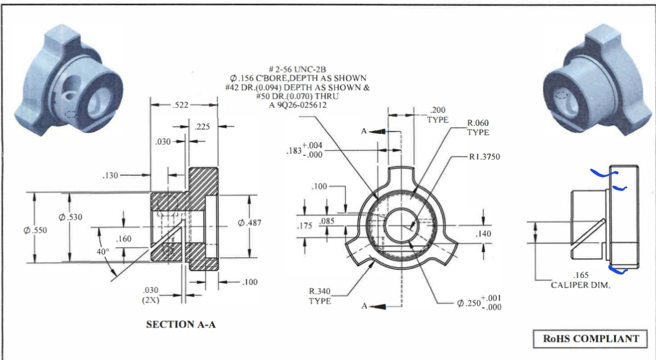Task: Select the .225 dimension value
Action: tap(202, 126)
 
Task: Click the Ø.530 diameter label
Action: tap(70, 217)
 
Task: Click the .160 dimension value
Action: tap(124, 240)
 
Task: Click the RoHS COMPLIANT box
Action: tap(590, 339)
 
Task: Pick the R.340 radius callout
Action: tap(319, 296)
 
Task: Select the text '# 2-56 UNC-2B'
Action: tap(298, 68)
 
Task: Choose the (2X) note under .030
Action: tap(150, 299)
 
